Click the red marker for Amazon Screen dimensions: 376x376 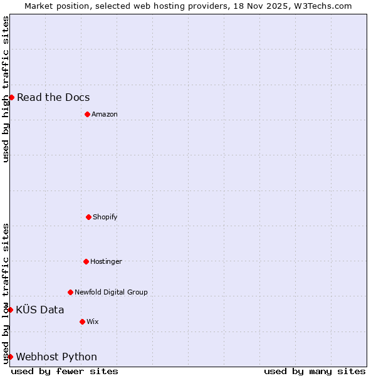pyautogui.click(x=87, y=114)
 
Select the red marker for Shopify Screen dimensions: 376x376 pyautogui.click(x=88, y=217)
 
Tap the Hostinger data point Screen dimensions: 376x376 pyautogui.click(x=86, y=261)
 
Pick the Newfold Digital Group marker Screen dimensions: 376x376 pyautogui.click(x=70, y=292)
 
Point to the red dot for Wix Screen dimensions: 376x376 pyautogui.click(x=82, y=321)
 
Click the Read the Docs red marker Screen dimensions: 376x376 pyautogui.click(x=11, y=97)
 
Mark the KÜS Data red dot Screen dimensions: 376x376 pyautogui.click(x=10, y=310)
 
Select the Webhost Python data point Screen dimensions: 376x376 pyautogui.click(x=10, y=357)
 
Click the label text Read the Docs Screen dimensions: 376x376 pyautogui.click(x=53, y=97)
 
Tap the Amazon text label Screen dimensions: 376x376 pyautogui.click(x=105, y=114)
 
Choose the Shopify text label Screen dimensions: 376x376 pyautogui.click(x=105, y=217)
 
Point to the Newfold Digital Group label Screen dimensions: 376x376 pyautogui.click(x=111, y=292)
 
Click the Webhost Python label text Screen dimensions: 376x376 pyautogui.click(x=56, y=357)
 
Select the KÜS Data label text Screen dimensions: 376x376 pyautogui.click(x=40, y=310)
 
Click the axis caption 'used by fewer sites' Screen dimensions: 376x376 pyautogui.click(x=65, y=371)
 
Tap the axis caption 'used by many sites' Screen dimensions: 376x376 pyautogui.click(x=315, y=371)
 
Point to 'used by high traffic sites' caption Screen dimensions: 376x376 pyautogui.click(x=6, y=89)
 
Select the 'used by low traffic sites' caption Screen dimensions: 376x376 pyautogui.click(x=6, y=293)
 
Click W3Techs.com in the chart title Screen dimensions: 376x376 pyautogui.click(x=323, y=6)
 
